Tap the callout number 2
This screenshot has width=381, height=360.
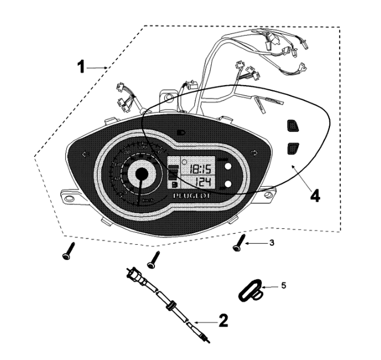tap(223, 321)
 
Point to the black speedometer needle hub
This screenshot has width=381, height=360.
tap(139, 174)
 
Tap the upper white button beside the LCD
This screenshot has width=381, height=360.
tap(227, 166)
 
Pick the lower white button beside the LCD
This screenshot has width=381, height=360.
tap(227, 184)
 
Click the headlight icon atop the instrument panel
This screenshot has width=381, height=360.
tap(180, 132)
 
